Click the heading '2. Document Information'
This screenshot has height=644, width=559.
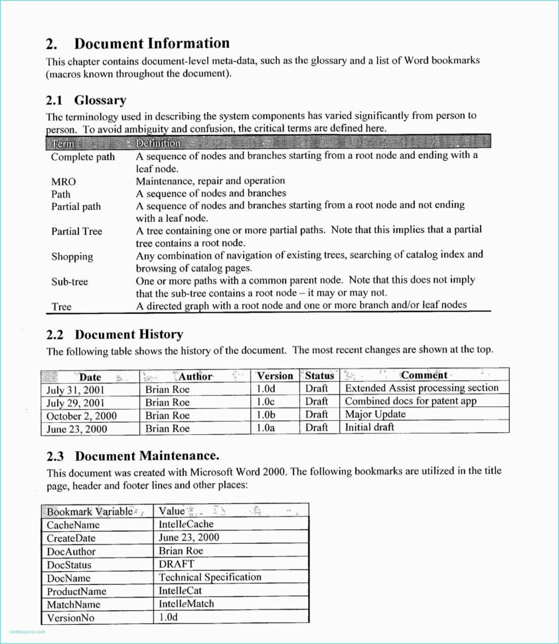tap(137, 44)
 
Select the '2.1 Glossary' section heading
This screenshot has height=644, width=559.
tap(86, 100)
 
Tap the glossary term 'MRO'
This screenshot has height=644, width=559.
tap(63, 181)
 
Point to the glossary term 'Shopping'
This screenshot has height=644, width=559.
tap(72, 256)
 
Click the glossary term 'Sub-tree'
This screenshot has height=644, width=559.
tap(69, 282)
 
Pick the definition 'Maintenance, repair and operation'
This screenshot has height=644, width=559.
tap(210, 181)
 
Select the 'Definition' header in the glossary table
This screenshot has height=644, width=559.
tap(158, 143)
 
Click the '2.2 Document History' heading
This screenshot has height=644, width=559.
tap(114, 334)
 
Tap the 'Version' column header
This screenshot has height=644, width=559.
tap(275, 376)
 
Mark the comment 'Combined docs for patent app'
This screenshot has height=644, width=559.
tap(410, 401)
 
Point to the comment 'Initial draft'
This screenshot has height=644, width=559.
tap(369, 427)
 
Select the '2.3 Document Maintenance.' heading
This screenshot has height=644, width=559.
tap(132, 456)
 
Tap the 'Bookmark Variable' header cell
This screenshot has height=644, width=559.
tap(89, 511)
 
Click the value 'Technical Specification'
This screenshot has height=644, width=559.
tap(210, 577)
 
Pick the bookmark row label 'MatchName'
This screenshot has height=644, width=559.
tap(73, 604)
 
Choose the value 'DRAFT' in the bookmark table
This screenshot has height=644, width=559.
tap(177, 564)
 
